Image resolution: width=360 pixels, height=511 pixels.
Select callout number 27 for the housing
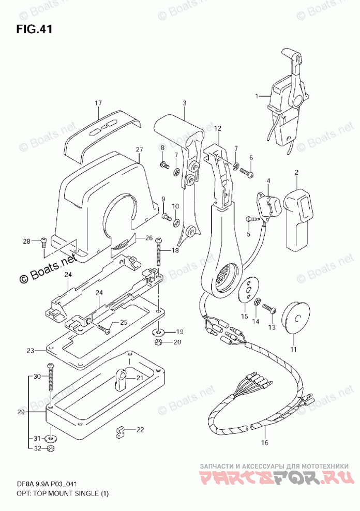click(x=139, y=150)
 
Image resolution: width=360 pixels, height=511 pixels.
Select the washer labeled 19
click(x=158, y=331)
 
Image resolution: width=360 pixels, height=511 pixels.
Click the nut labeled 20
click(x=158, y=342)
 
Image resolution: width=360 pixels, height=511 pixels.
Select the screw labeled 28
click(x=43, y=241)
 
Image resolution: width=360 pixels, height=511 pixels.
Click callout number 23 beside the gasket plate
click(x=31, y=351)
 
